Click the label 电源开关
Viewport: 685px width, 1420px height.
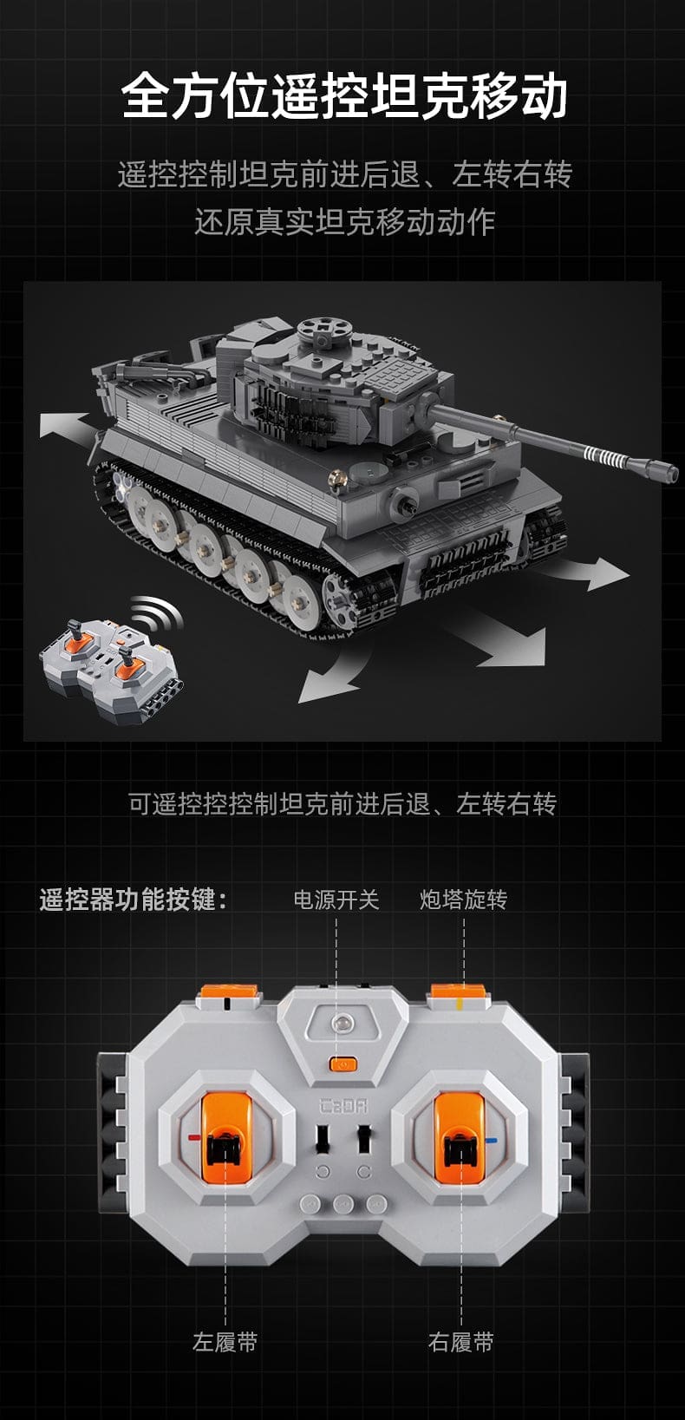tap(336, 900)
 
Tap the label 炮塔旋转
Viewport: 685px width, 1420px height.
tap(463, 900)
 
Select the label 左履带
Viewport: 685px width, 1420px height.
tap(225, 1342)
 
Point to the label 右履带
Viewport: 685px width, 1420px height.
tap(460, 1342)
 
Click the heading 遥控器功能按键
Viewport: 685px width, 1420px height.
tap(133, 900)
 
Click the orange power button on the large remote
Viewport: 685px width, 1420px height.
tap(343, 1064)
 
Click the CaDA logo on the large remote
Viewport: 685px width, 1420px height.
tap(342, 1107)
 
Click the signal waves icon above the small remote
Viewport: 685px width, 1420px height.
tap(154, 612)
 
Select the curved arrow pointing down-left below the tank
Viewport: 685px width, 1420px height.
tap(336, 675)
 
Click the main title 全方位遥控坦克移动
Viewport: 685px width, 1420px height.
tap(344, 97)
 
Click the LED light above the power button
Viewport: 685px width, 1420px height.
tap(342, 1023)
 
